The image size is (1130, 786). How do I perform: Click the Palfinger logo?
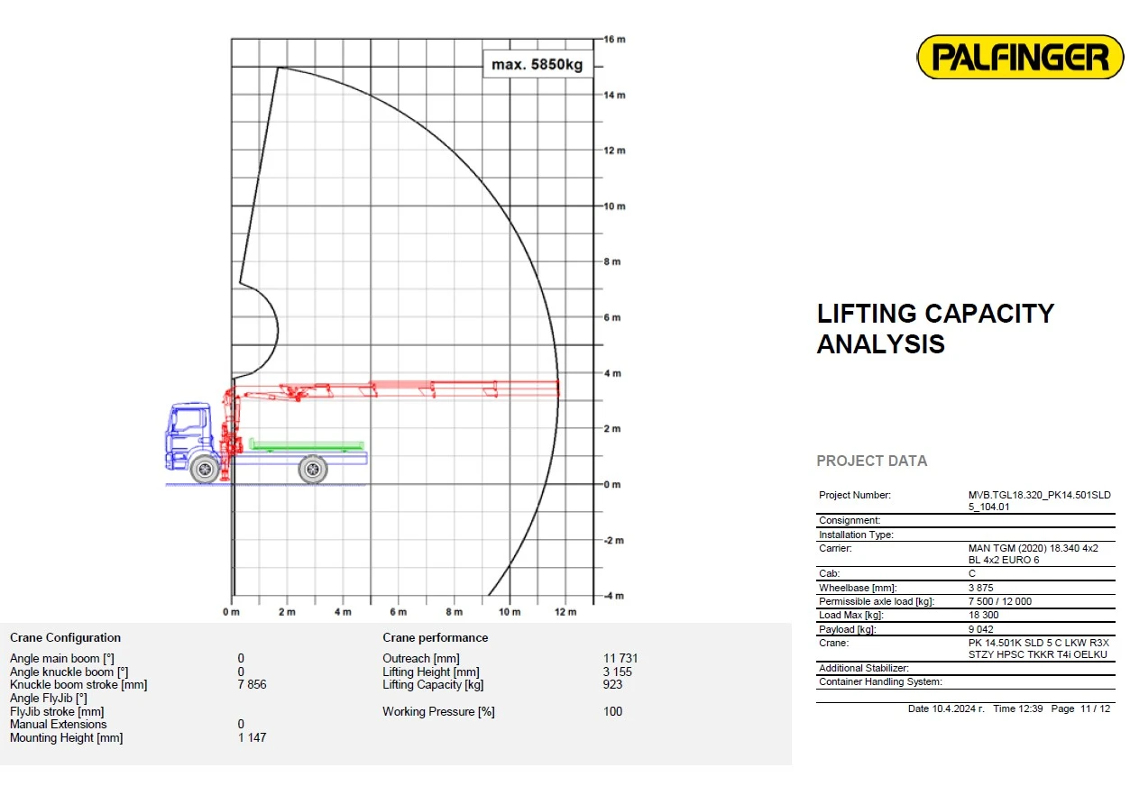(x=1019, y=57)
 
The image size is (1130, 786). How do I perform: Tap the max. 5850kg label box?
(x=537, y=64)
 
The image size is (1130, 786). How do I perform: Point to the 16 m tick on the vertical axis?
(x=614, y=40)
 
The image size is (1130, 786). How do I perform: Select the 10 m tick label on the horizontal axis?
(x=510, y=611)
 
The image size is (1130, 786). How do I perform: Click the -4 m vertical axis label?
(x=614, y=596)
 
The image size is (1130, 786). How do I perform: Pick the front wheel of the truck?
(x=205, y=469)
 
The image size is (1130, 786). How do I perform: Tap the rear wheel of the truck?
(x=313, y=469)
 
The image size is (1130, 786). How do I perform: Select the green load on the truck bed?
(x=307, y=444)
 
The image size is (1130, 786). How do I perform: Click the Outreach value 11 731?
(x=620, y=658)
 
